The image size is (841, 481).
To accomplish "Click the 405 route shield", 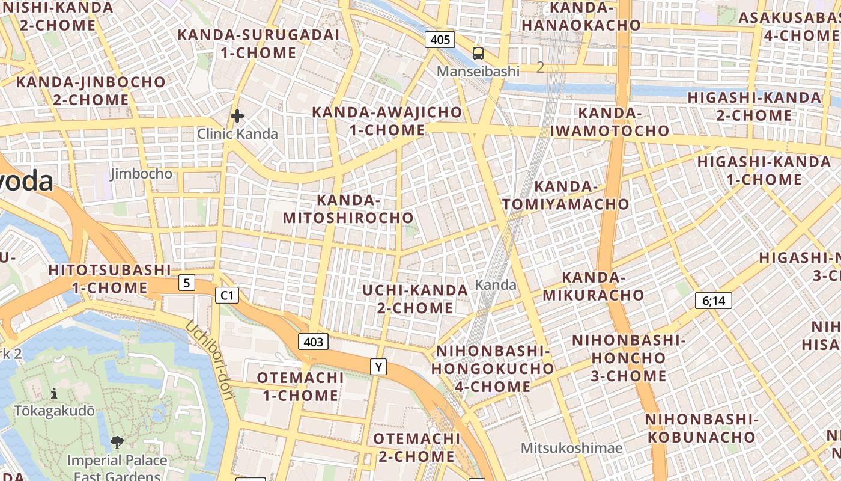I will [x=440, y=40].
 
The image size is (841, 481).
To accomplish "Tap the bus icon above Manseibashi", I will [x=478, y=54].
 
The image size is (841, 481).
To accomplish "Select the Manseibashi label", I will [x=478, y=71].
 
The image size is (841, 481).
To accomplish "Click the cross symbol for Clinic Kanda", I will [x=237, y=116].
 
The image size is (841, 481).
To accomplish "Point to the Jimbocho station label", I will [x=141, y=174].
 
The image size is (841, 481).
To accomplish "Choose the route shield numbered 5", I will [x=187, y=282].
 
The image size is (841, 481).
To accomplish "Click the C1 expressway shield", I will [x=227, y=295].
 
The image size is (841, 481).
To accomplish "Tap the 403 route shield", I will [x=313, y=342].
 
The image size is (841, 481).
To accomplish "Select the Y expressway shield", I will [x=378, y=366].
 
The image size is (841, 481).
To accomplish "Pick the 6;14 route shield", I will [x=713, y=301].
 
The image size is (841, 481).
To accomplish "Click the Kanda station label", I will [x=496, y=284].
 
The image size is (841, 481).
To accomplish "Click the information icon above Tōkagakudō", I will [x=55, y=394].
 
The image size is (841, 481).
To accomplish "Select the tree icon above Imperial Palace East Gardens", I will [x=117, y=443].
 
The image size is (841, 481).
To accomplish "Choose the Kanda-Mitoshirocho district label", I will [x=348, y=209].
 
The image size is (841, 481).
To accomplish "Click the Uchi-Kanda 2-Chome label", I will [x=415, y=299].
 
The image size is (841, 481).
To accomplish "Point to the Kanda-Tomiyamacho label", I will [x=565, y=195].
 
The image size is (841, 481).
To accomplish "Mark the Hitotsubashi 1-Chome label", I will [x=110, y=278].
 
